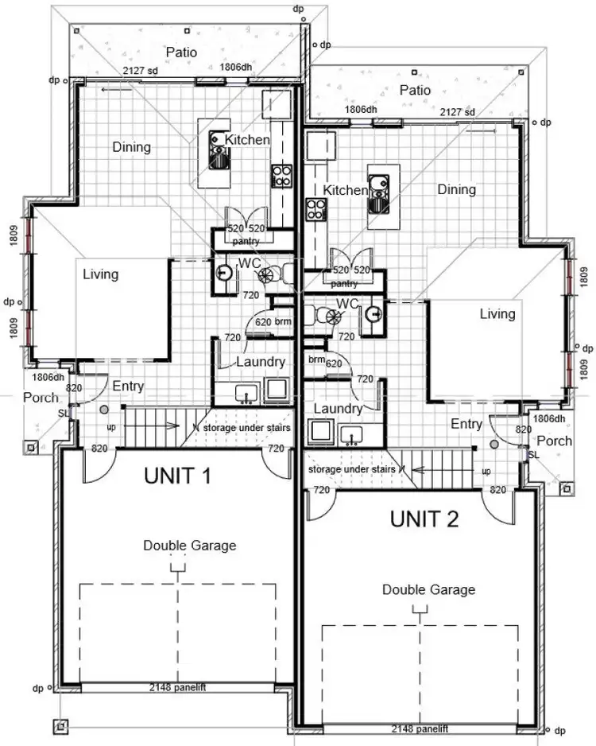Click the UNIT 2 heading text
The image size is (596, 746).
(424, 519)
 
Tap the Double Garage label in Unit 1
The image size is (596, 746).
(189, 546)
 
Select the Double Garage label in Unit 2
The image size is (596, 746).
(428, 589)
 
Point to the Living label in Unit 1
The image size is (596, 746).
(100, 274)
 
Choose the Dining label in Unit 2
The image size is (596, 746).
(456, 189)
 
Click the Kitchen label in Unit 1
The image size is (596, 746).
(247, 140)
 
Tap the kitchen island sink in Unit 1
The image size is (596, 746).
(219, 151)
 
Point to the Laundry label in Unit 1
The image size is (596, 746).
(261, 362)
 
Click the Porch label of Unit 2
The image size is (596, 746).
(554, 441)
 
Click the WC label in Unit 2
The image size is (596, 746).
(346, 304)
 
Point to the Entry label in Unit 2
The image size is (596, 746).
(466, 424)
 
